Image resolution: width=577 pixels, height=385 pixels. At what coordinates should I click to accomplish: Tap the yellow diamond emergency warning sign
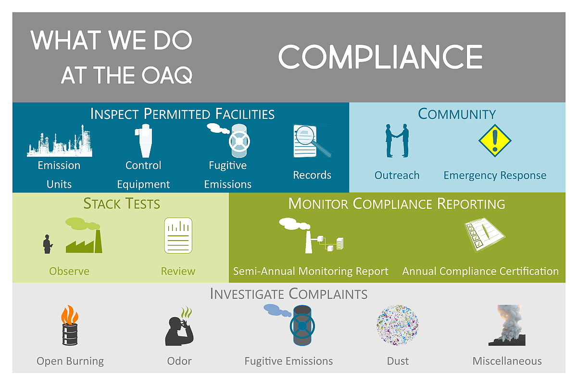(x=495, y=141)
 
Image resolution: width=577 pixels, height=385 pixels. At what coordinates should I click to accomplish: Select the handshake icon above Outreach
(x=397, y=141)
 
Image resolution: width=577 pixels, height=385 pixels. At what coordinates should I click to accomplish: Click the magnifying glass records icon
(x=312, y=141)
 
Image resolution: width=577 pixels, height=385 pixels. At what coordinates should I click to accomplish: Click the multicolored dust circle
(x=397, y=325)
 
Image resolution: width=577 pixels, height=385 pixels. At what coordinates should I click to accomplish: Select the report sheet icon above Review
(x=178, y=236)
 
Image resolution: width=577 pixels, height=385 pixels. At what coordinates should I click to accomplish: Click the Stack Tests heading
(x=122, y=204)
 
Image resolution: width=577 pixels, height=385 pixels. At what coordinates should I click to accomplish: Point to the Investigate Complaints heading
(x=288, y=294)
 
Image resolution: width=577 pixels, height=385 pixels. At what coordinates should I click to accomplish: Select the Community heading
(x=457, y=114)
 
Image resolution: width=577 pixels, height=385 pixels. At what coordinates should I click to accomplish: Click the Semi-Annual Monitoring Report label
(x=311, y=271)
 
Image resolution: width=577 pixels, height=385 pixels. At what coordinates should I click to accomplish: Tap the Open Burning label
(x=70, y=361)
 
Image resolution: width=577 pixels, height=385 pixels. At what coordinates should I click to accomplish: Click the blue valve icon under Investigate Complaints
(x=301, y=326)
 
